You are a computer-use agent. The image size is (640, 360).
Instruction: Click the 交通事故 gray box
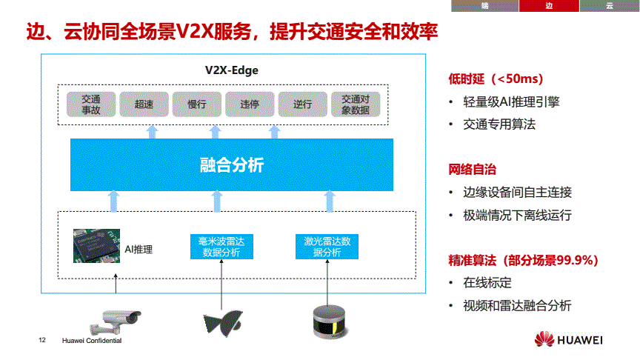[91, 104]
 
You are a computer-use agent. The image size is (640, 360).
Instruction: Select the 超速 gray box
[144, 104]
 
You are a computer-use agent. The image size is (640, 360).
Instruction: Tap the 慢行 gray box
[197, 104]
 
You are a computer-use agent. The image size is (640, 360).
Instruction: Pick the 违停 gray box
[250, 104]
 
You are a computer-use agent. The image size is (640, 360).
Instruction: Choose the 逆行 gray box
[302, 104]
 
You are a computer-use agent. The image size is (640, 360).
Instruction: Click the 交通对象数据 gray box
[356, 104]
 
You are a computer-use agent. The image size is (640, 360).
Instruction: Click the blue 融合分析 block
[232, 165]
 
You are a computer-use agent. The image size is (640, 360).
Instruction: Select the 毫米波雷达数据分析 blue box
[221, 247]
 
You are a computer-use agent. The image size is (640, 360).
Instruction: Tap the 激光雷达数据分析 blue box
[327, 247]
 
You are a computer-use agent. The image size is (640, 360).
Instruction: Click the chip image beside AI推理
[97, 246]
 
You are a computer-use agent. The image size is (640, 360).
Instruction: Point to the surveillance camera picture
[116, 322]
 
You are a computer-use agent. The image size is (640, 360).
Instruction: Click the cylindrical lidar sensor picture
[330, 322]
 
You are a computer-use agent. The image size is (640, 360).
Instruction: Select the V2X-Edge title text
[231, 70]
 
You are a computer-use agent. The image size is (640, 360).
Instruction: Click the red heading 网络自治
[473, 169]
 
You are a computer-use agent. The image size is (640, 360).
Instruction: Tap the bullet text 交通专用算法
[499, 124]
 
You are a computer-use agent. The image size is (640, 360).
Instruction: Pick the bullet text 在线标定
[487, 282]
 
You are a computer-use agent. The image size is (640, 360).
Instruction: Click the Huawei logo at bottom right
[569, 339]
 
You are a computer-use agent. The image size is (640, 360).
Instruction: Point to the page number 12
[42, 340]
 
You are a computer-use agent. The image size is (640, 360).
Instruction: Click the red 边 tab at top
[549, 6]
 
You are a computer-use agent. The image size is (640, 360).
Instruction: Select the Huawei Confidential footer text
[92, 341]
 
